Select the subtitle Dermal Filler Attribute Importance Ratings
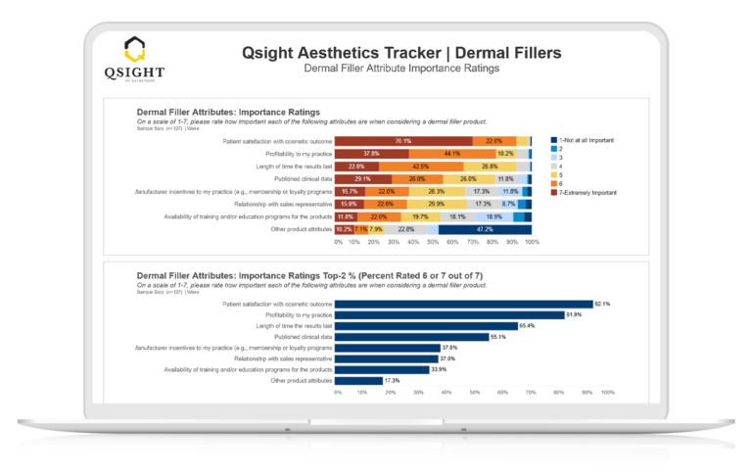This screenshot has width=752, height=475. click(401, 69)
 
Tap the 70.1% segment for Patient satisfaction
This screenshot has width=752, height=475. click(403, 141)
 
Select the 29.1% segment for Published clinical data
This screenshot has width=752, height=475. click(363, 179)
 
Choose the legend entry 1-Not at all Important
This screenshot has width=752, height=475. click(586, 140)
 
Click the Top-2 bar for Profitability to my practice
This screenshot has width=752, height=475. click(449, 314)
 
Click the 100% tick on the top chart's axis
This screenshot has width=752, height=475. click(532, 240)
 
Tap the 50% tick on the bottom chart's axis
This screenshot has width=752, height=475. click(474, 392)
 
